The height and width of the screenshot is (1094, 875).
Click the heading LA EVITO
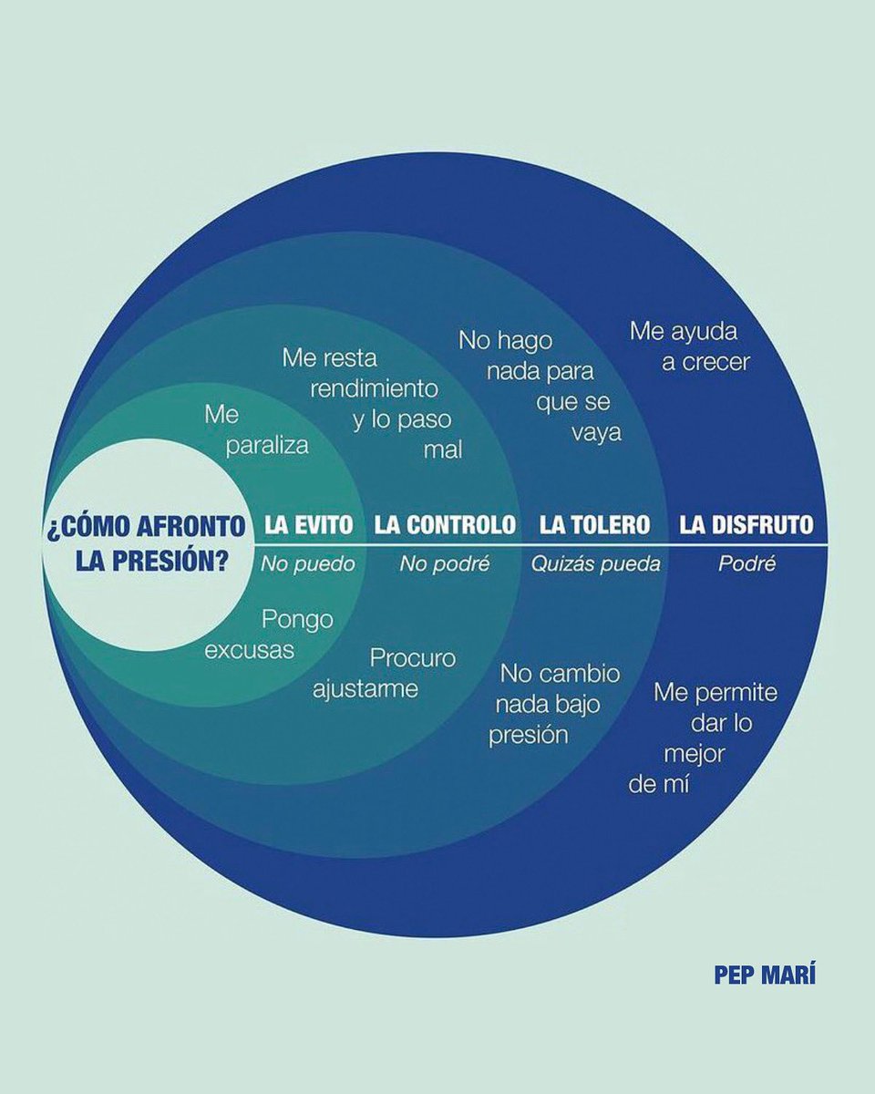click(x=308, y=525)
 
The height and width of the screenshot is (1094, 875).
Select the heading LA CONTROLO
click(x=445, y=525)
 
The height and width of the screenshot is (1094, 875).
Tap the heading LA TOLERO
click(x=594, y=525)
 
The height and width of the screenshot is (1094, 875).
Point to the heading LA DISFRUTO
click(x=746, y=525)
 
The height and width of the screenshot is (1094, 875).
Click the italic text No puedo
click(x=307, y=564)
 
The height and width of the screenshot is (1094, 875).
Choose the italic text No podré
click(x=445, y=564)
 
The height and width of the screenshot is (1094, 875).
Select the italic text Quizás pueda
click(x=596, y=564)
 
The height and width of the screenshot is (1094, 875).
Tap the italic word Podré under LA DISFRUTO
click(x=746, y=564)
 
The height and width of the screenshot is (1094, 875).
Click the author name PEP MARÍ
click(x=765, y=975)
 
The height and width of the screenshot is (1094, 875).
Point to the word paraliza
click(x=269, y=446)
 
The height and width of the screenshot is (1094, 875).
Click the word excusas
click(x=250, y=651)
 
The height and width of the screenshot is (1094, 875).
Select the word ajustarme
click(x=365, y=688)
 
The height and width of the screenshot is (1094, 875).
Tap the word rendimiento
click(x=375, y=388)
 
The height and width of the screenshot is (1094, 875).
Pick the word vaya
click(x=596, y=432)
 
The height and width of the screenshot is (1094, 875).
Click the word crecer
click(x=706, y=362)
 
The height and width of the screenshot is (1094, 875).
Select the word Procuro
click(x=413, y=658)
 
